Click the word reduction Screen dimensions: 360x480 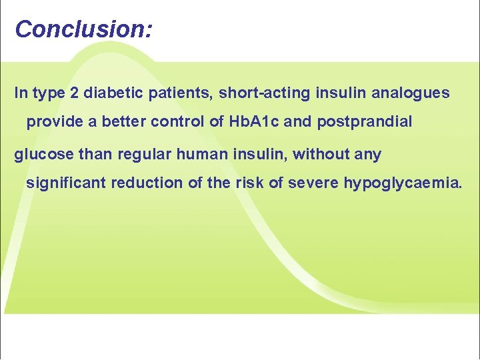tap(148, 183)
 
